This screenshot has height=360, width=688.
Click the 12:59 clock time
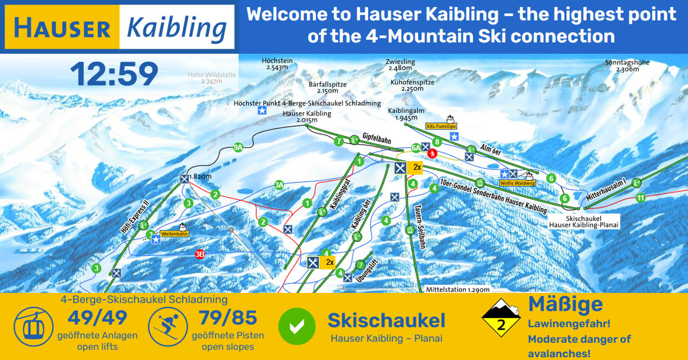click(x=114, y=75)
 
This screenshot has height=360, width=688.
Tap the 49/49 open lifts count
click(x=97, y=318)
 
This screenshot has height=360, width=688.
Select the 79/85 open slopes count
click(x=228, y=318)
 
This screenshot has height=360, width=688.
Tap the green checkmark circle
click(x=296, y=326)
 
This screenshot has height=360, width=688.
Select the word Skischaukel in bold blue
click(x=386, y=321)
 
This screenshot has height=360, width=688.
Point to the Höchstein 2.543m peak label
click(x=277, y=64)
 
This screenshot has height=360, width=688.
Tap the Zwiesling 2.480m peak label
click(x=400, y=64)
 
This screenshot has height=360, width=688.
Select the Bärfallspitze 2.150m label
click(x=327, y=87)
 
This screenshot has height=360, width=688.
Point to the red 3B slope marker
click(x=200, y=254)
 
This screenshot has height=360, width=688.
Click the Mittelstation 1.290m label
click(x=458, y=290)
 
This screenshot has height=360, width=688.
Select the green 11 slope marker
click(x=640, y=198)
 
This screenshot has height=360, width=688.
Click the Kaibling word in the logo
click(x=176, y=28)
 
